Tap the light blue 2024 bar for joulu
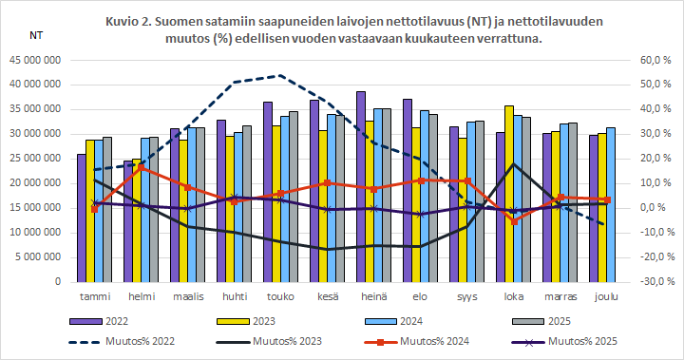click(x=612, y=204)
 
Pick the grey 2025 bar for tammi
click(x=107, y=209)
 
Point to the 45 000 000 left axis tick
click(x=35, y=59)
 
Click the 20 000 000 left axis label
click(x=35, y=182)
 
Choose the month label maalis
click(x=187, y=295)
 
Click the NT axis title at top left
click(x=36, y=35)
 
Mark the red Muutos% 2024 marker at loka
click(x=514, y=221)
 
